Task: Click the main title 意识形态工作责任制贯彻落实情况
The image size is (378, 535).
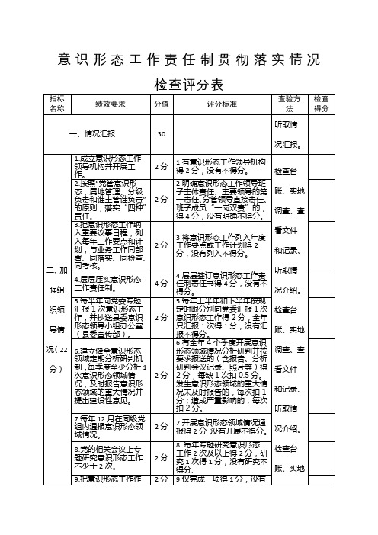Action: tap(189, 59)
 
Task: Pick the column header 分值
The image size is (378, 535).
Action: tap(161, 104)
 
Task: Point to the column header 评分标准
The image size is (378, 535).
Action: tap(222, 104)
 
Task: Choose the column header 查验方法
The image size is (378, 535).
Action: tap(290, 104)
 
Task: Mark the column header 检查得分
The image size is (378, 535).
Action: tap(322, 104)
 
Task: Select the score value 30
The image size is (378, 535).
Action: tap(161, 134)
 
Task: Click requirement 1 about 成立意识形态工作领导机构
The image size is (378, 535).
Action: tap(106, 165)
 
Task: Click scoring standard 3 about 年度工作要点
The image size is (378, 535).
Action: tap(222, 245)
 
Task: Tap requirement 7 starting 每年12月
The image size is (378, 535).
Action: tap(106, 422)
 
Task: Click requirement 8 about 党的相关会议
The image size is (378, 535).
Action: tap(106, 457)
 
